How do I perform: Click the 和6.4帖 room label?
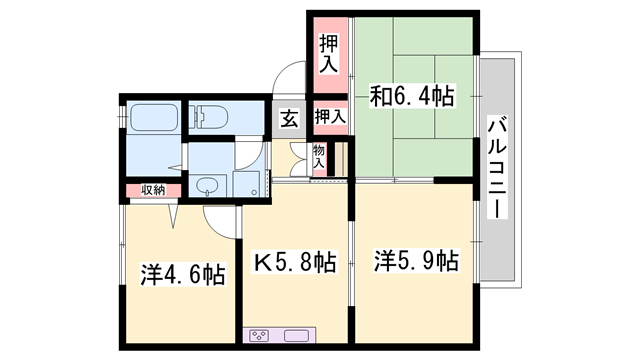tap(412, 97)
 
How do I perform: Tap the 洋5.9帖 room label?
tap(416, 262)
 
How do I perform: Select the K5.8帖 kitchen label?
tap(293, 263)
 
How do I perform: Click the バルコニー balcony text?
tap(497, 168)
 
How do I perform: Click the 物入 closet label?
tap(319, 156)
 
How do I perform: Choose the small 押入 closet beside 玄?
tap(330, 117)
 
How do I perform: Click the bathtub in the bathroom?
tap(153, 121)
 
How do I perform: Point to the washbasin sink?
tap(208, 184)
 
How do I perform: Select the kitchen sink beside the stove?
tap(298, 335)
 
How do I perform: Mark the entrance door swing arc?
tap(290, 78)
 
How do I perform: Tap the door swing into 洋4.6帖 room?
tap(175, 213)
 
